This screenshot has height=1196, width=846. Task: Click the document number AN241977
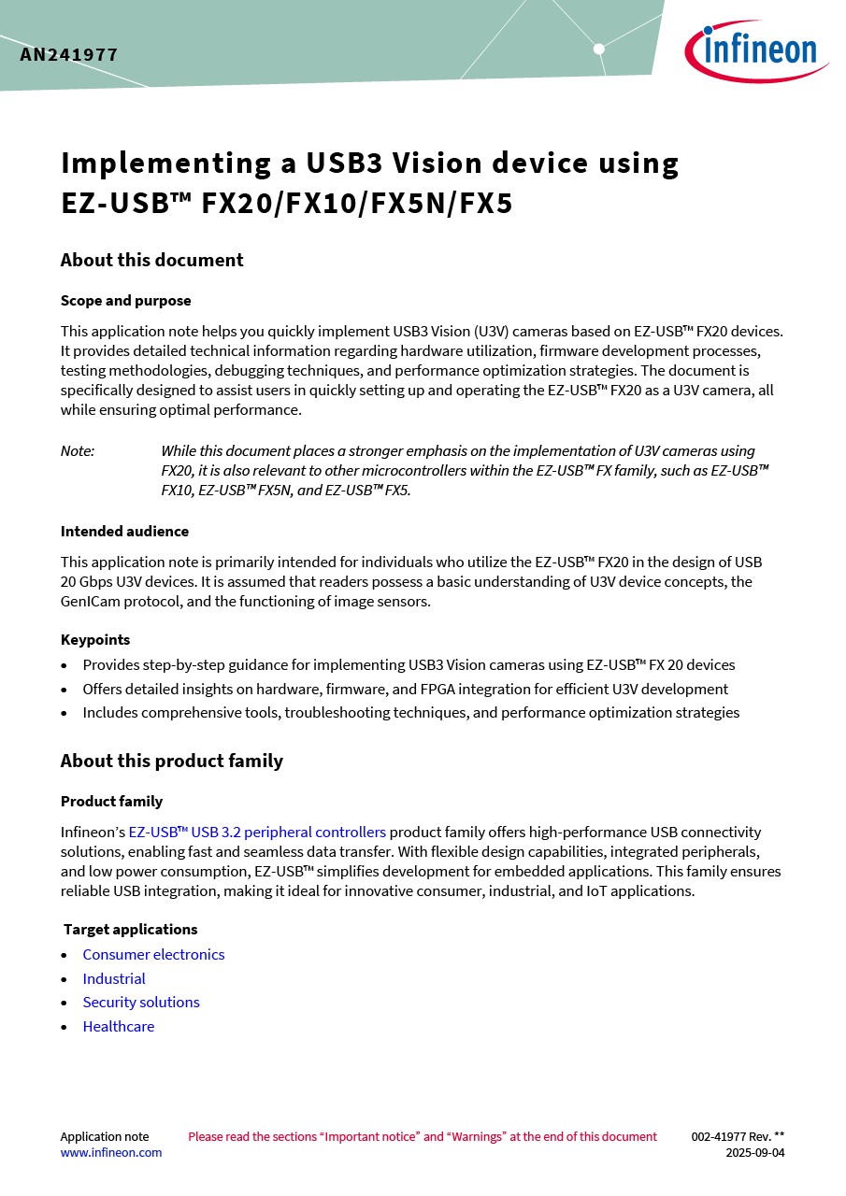coord(69,55)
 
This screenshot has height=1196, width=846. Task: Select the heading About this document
coord(151,260)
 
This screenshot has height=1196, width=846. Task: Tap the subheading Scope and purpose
coord(125,301)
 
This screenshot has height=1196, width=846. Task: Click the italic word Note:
coord(78,451)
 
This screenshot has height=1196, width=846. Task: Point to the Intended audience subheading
coord(124,532)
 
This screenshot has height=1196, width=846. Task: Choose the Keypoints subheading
coord(95,640)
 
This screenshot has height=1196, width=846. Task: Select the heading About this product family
coord(171,761)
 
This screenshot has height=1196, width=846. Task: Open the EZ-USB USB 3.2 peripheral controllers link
coord(257,832)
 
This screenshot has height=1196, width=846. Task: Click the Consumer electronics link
coord(153,954)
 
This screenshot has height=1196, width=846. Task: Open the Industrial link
coord(114,978)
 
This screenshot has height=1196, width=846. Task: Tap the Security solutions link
coord(141,1002)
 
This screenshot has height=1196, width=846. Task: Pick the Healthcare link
coord(119,1026)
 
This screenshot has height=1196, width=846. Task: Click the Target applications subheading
coord(130,930)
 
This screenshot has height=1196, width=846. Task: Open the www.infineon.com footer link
coord(111,1153)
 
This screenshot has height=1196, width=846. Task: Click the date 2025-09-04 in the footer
coord(755,1153)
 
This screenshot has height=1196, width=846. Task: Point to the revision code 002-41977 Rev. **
coord(738,1137)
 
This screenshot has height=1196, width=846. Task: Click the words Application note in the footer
coord(105,1137)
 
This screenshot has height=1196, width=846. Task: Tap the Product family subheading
coord(111,802)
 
